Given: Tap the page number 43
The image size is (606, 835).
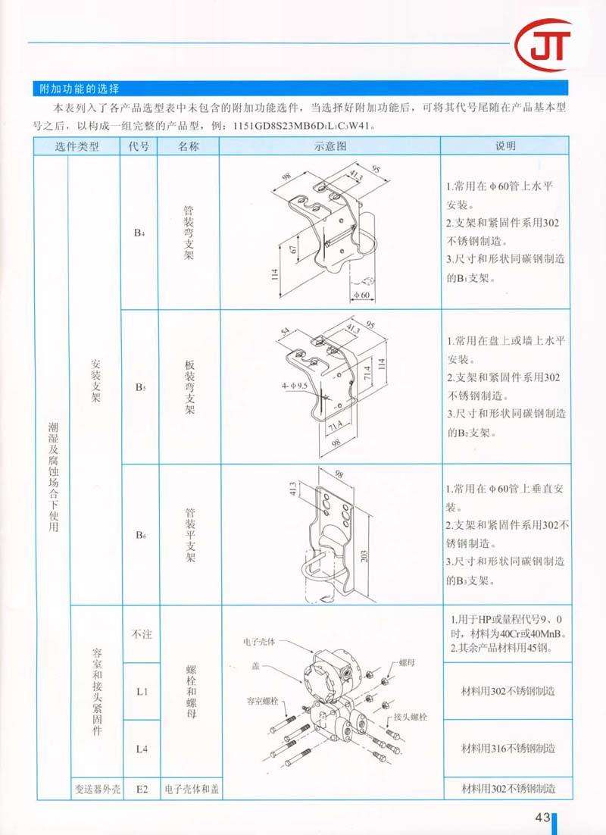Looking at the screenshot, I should point(542,818).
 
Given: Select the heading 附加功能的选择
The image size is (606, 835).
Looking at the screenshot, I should point(79,89).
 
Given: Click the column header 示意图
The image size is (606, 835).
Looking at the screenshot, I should point(330,146).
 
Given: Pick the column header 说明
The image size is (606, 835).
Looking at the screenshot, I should point(505,146).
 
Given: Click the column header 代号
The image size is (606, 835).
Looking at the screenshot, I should point(139,146).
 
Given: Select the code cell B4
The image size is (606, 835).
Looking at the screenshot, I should point(139,233).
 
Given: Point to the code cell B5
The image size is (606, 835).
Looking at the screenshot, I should point(139,388).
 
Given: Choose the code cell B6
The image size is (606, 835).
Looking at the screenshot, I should point(139,536).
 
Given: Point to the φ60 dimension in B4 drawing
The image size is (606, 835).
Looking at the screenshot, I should point(359,295).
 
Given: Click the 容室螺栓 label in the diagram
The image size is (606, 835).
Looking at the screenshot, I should point(263,701).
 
